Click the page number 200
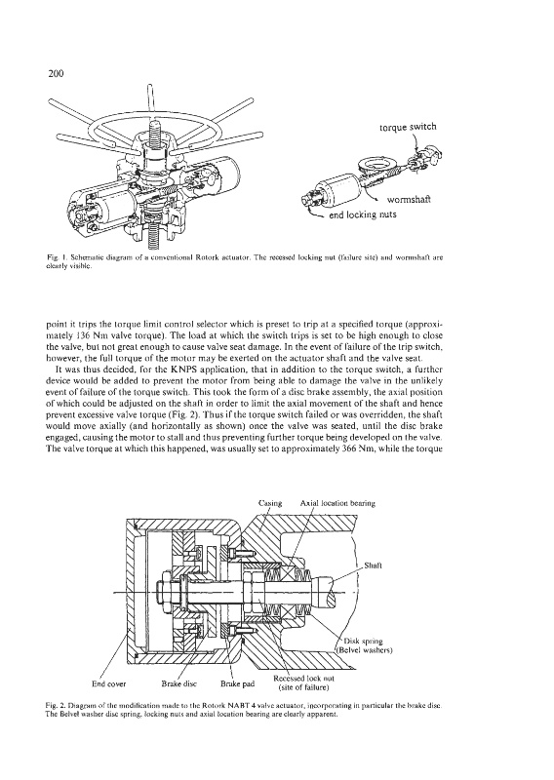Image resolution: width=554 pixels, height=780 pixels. (x=57, y=74)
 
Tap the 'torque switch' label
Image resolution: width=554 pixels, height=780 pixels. (x=408, y=127)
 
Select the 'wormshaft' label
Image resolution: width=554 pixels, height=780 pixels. (x=409, y=200)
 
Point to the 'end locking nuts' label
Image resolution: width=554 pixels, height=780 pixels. (x=363, y=214)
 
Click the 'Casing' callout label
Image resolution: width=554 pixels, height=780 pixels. (x=270, y=503)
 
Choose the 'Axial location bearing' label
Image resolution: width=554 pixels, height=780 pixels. (x=337, y=503)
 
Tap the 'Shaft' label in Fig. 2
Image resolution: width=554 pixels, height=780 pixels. (x=374, y=565)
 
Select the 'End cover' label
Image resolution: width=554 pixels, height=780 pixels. (x=109, y=683)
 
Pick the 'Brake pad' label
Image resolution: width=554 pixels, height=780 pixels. (x=237, y=683)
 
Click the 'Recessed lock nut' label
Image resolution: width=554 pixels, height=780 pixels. (x=303, y=678)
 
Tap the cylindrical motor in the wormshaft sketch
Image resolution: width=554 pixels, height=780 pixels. (x=336, y=186)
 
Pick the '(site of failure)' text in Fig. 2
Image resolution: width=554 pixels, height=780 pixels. (x=303, y=687)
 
